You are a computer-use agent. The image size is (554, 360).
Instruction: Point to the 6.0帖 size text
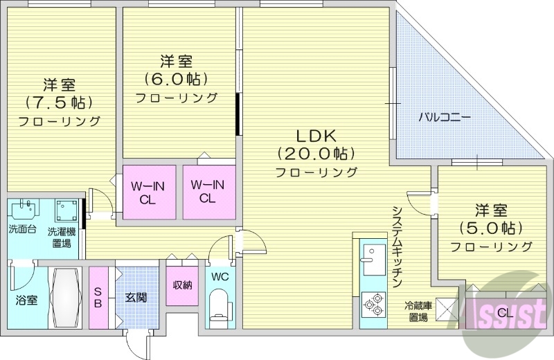[x=176, y=78]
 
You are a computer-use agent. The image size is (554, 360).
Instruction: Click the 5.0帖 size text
[x=490, y=227]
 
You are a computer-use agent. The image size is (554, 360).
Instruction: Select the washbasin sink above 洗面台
[x=26, y=210]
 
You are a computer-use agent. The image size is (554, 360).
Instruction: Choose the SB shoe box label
[x=98, y=298]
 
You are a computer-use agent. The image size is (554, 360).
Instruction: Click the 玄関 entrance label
[x=135, y=298]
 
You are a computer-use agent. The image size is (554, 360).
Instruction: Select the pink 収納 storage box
[x=182, y=284]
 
